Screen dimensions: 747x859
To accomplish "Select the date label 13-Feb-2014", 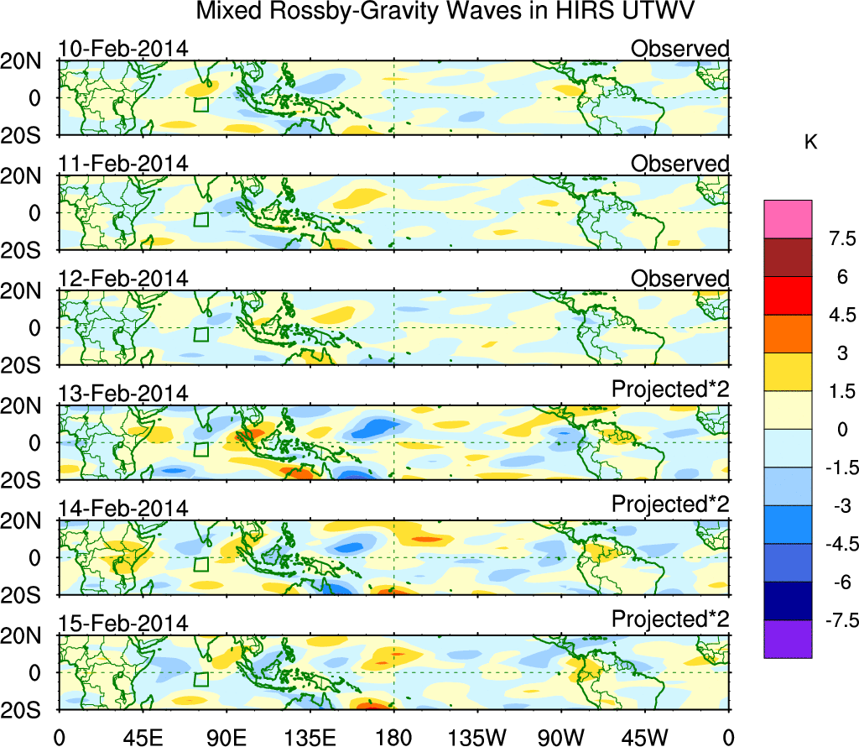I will point(122,394).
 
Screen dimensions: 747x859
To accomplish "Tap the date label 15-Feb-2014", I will point(122,624).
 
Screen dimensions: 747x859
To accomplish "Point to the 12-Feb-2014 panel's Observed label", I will point(679,279).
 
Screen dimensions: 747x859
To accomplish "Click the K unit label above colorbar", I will point(810,143).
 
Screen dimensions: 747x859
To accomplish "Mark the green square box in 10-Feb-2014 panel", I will point(200,105).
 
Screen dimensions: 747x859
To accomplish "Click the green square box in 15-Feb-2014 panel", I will point(200,679).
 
